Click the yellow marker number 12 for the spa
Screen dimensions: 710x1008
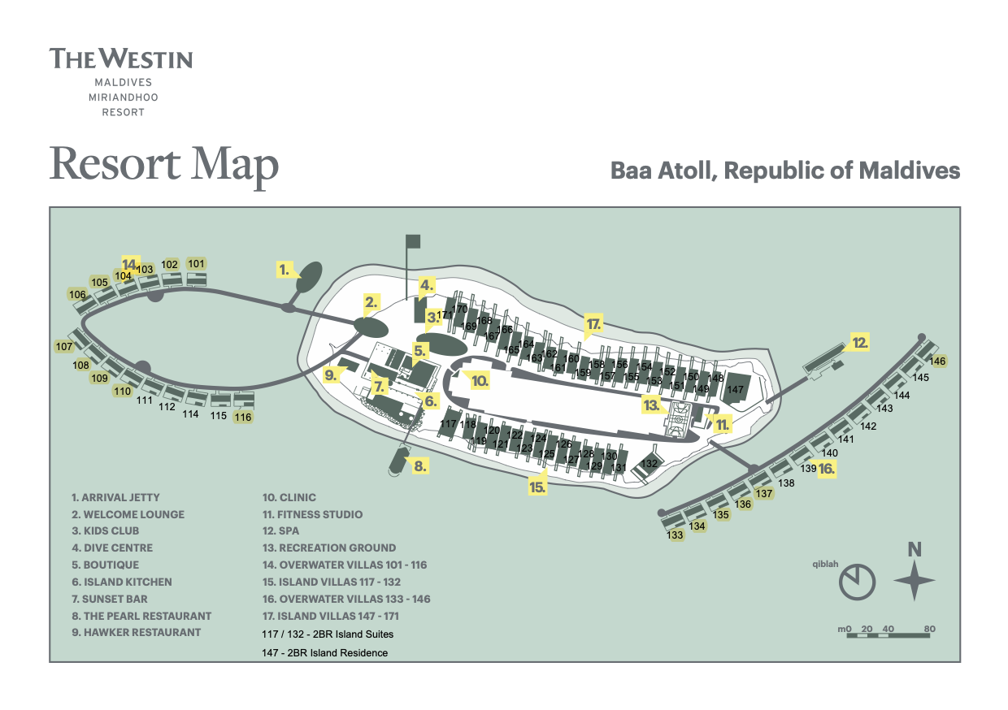[x=860, y=342]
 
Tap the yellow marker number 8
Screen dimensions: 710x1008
[x=419, y=466]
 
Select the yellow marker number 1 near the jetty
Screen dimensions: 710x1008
[x=284, y=269]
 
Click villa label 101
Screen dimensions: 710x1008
[x=196, y=263]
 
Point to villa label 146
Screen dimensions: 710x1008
[x=938, y=361]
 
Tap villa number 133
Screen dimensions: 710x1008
[x=675, y=535]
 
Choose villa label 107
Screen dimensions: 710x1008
[x=64, y=347]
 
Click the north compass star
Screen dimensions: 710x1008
[x=915, y=581]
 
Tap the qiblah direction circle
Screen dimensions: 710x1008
[x=858, y=582]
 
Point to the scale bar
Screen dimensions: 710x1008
[x=888, y=634]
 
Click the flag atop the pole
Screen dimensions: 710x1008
[x=413, y=240]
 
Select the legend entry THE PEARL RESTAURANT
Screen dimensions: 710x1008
[x=141, y=616]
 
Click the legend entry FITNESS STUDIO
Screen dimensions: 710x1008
[x=312, y=514]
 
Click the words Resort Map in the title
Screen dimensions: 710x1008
[x=164, y=165]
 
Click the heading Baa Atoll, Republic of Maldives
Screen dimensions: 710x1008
[x=785, y=171]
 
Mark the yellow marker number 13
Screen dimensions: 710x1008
[x=650, y=404]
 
